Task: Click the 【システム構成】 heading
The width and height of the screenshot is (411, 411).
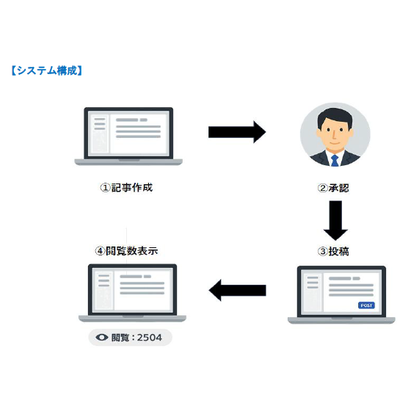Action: tap(46, 71)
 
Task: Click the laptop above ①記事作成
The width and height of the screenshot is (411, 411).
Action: tap(128, 137)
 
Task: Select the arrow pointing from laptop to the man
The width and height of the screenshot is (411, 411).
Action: tap(236, 132)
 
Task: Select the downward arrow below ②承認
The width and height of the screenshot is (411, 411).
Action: tap(335, 220)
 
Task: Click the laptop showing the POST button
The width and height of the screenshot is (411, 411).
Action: tap(341, 294)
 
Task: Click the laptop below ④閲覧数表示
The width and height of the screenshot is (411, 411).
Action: tap(132, 293)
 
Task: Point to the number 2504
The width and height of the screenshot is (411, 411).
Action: tap(151, 338)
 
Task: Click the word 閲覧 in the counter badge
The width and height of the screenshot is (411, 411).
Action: tap(119, 338)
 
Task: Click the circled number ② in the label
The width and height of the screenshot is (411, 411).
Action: tap(322, 187)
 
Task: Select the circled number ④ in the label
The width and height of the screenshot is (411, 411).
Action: tap(100, 250)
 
